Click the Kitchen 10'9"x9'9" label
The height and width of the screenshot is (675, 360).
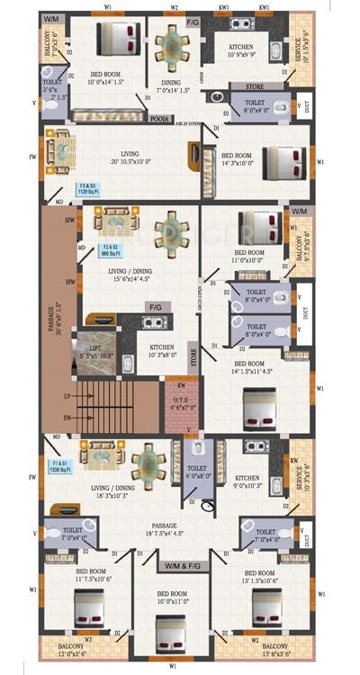point(241,51)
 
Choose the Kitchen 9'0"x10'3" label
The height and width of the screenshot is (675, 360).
point(247,482)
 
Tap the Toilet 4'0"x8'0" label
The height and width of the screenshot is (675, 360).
point(198,472)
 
